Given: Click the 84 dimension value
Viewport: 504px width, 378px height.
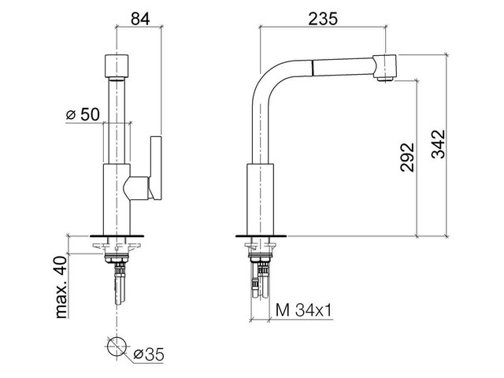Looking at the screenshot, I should pos(139,18).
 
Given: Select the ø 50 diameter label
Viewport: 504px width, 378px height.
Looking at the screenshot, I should pos(82,114).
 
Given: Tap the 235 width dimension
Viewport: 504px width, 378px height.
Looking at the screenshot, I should pos(324,18).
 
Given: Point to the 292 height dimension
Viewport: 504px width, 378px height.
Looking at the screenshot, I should pos(406,159).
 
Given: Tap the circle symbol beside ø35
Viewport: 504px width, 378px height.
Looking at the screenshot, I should pos(117,346).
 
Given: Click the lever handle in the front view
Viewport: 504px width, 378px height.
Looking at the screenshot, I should pos(153,169).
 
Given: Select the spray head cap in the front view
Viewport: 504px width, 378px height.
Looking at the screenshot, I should pos(117,65).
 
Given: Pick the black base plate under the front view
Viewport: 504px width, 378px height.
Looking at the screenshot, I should pos(117,236).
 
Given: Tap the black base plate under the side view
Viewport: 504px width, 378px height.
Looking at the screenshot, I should pos(261,236).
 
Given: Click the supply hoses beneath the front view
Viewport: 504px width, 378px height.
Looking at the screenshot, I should pos(117,285).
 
